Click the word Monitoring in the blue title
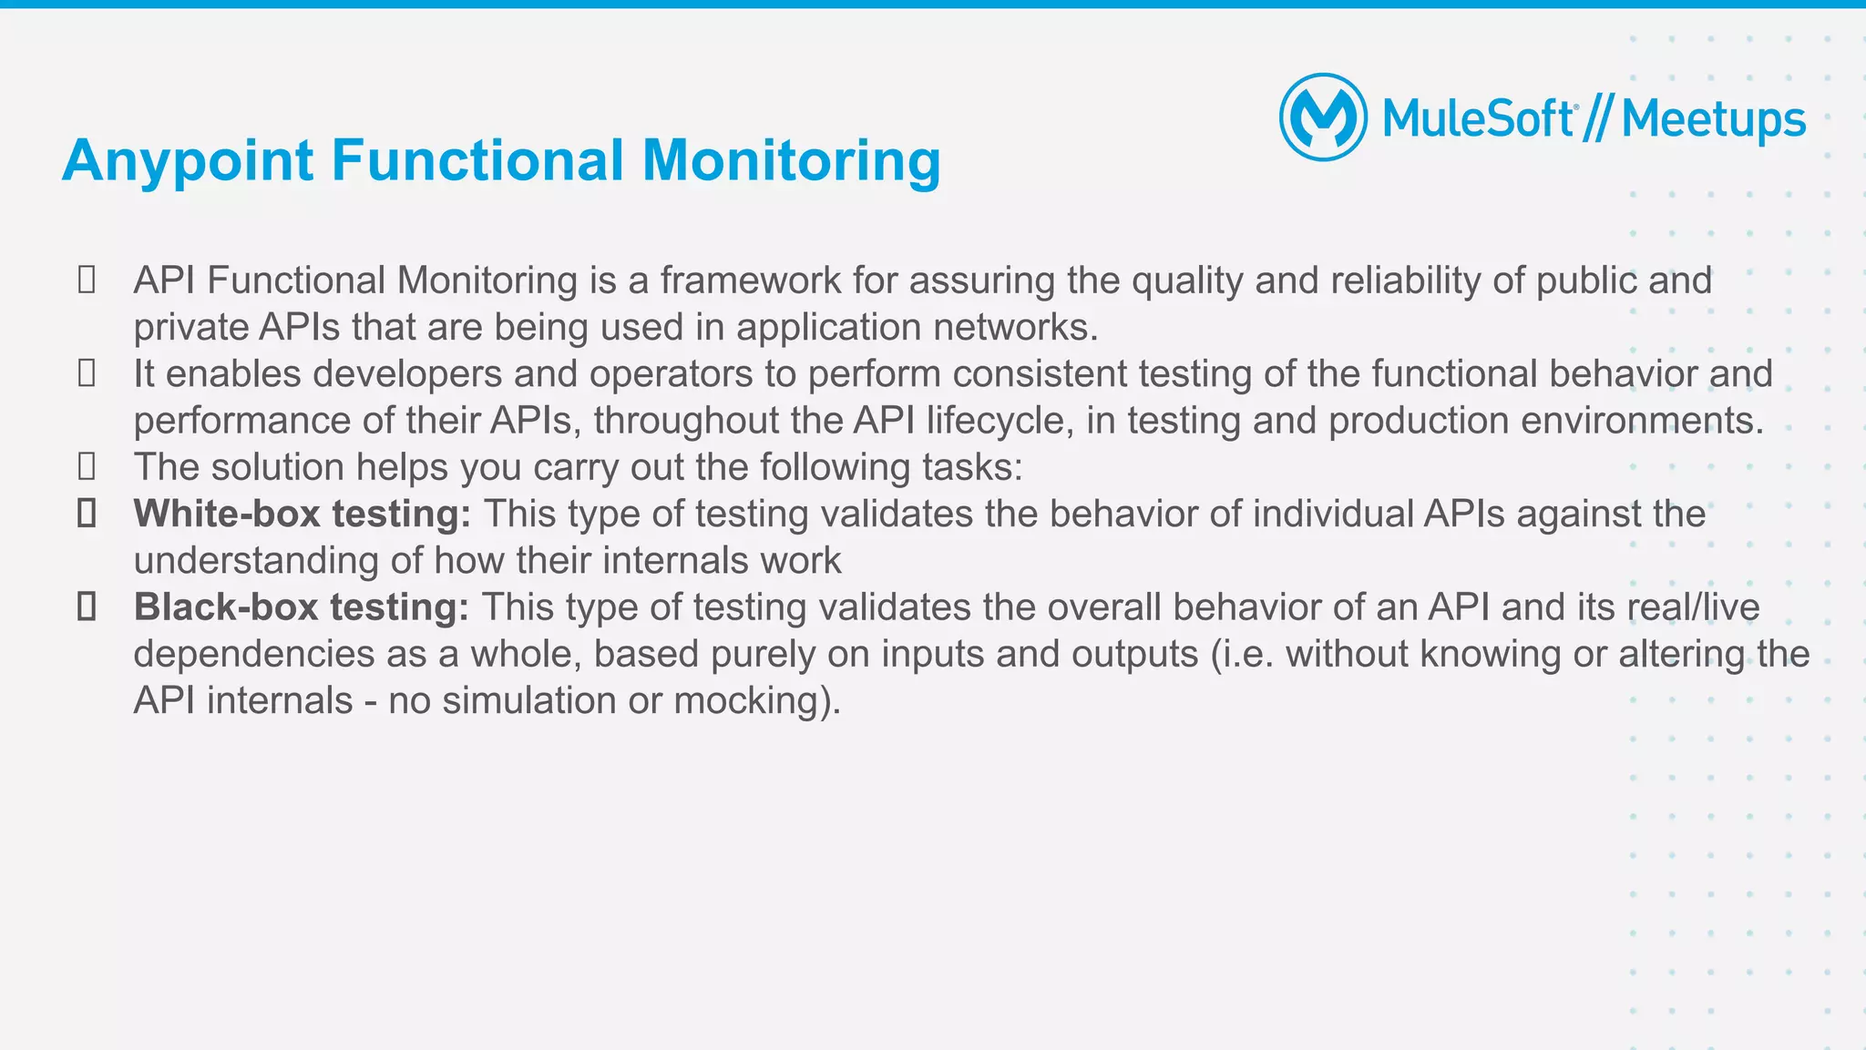(x=791, y=161)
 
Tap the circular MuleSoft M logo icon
(x=1323, y=117)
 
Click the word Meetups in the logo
(x=1713, y=119)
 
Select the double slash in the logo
(x=1597, y=119)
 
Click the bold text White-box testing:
(x=302, y=514)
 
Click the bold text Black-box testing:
(x=302, y=607)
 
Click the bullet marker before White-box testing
(x=87, y=514)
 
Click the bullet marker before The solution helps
(x=87, y=467)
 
